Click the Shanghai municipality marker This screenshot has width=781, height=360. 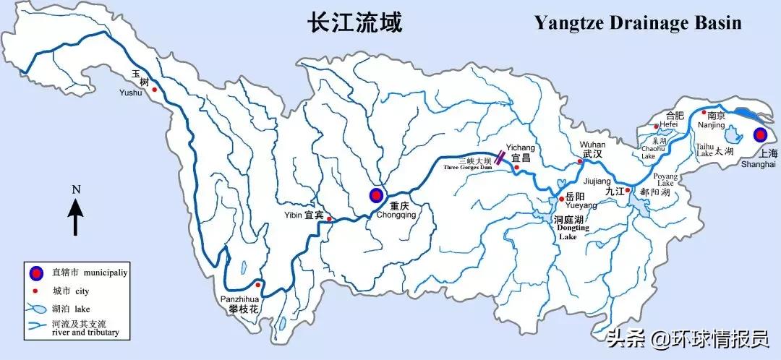[x=759, y=135]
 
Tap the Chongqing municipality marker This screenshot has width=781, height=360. [x=376, y=194]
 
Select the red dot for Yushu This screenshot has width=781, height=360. [x=154, y=89]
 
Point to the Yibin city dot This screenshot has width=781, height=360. [x=329, y=218]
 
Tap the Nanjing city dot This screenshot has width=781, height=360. [x=704, y=112]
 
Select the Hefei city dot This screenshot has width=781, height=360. [x=657, y=127]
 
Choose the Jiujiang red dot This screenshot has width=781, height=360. [x=628, y=190]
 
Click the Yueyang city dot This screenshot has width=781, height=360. [x=561, y=199]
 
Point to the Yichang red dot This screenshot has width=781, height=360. [x=517, y=168]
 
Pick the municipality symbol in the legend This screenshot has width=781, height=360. [x=35, y=273]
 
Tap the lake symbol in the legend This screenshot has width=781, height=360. [x=36, y=308]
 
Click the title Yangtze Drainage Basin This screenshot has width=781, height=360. [x=638, y=22]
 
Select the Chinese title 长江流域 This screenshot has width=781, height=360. [x=354, y=22]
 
